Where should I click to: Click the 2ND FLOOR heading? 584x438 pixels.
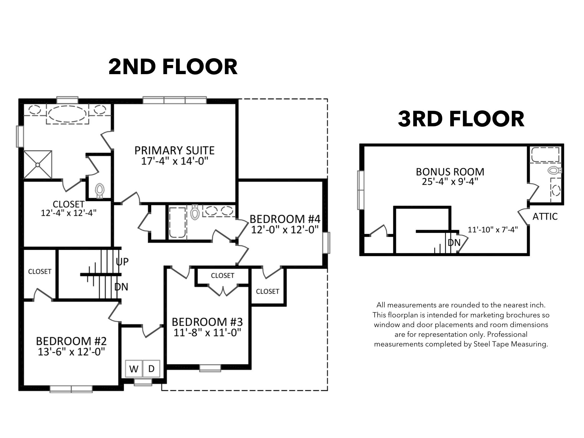click(173, 67)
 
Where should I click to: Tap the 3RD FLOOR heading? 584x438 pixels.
click(461, 119)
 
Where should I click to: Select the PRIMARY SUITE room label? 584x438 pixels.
click(174, 150)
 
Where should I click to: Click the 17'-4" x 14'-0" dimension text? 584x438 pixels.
click(174, 161)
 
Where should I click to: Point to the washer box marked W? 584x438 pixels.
click(134, 369)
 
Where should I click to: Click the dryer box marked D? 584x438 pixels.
click(151, 369)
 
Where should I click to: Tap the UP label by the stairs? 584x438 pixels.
click(122, 261)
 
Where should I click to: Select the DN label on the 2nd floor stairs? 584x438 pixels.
click(121, 287)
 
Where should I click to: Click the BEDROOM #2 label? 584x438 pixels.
click(71, 341)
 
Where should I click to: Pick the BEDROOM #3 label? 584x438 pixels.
click(207, 322)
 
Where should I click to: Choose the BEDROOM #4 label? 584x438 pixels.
click(285, 219)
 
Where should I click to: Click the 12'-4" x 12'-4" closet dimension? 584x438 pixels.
click(68, 213)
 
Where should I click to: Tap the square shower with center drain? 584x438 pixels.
click(38, 165)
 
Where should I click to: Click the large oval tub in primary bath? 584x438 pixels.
click(67, 114)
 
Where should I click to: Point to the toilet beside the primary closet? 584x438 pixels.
click(100, 190)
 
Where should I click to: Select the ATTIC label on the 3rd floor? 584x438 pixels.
click(545, 216)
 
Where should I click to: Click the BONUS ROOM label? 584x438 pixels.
click(450, 172)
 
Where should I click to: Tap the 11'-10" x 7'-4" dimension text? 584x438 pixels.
click(493, 230)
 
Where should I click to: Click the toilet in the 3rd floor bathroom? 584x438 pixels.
click(554, 171)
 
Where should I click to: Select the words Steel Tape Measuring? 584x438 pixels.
click(510, 344)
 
